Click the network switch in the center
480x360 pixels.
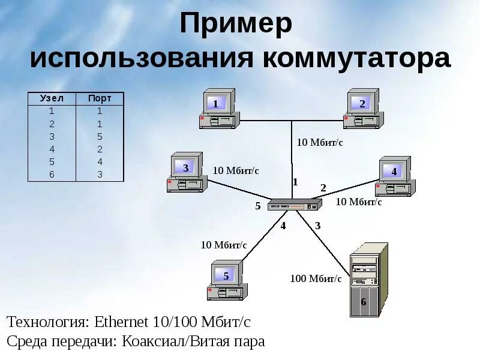(x=292, y=206)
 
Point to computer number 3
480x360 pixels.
(x=187, y=173)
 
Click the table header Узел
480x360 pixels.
(x=52, y=98)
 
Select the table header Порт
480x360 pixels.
(x=100, y=98)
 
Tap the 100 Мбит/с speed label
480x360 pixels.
(x=316, y=278)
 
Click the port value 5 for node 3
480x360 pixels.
(x=100, y=136)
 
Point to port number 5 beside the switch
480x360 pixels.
(x=258, y=206)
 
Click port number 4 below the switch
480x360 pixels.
(x=283, y=226)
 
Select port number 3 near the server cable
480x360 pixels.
(x=318, y=226)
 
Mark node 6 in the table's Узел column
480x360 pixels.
(x=52, y=175)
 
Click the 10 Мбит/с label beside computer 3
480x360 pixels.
(x=236, y=170)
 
